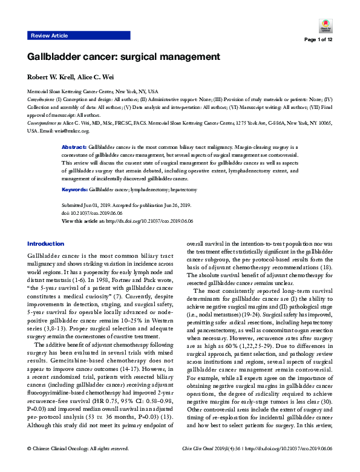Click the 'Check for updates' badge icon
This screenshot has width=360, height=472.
coord(325,25)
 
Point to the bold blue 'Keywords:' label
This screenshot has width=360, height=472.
coord(75,190)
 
